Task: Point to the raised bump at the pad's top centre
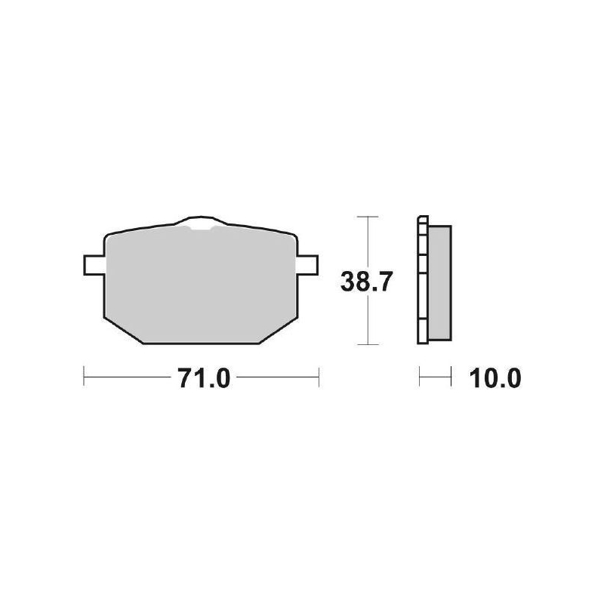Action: (x=199, y=223)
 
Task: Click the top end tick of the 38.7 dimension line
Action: (x=367, y=217)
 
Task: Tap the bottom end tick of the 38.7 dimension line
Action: (x=367, y=345)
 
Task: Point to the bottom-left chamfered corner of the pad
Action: (x=121, y=330)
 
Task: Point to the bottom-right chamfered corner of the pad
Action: (x=278, y=330)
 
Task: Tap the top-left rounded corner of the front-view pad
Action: (x=108, y=235)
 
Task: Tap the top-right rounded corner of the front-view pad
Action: (x=291, y=235)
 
